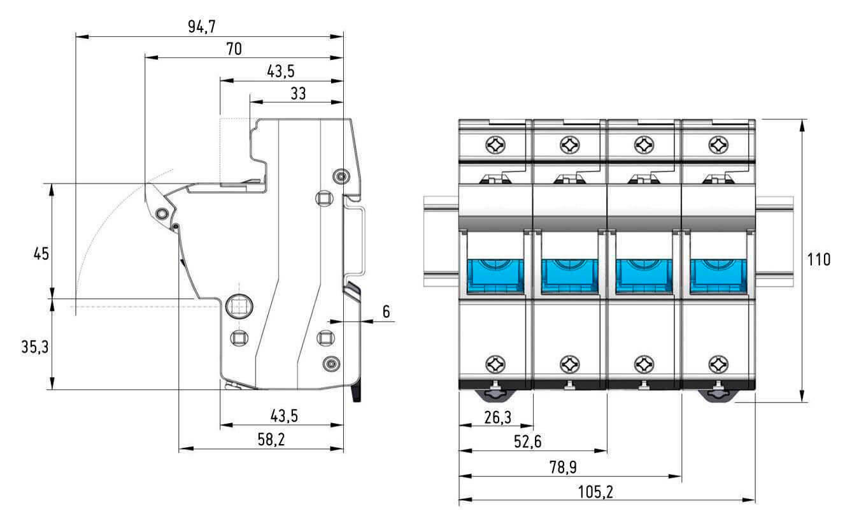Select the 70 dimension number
tap(234, 48)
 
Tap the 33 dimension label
tap(297, 94)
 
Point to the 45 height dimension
tap(41, 254)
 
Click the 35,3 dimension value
tap(35, 347)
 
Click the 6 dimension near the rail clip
tap(386, 312)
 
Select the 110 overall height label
tap(818, 260)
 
